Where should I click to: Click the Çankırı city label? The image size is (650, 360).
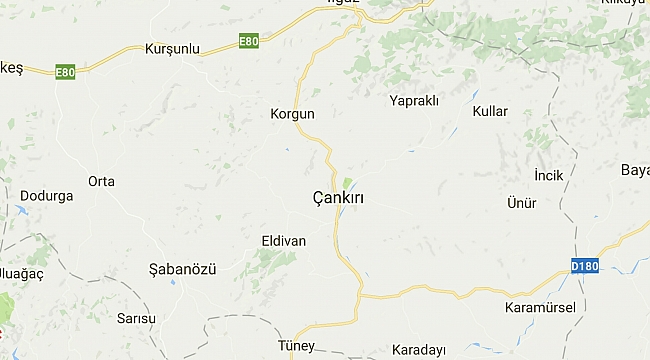click(x=338, y=199)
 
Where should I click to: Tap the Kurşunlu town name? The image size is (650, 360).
click(x=173, y=49)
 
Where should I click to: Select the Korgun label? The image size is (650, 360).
click(x=292, y=114)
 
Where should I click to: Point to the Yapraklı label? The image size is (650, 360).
click(x=414, y=100)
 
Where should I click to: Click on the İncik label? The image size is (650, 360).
click(x=549, y=175)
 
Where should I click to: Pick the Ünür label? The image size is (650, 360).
click(x=522, y=203)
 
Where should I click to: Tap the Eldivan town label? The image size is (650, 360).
click(x=283, y=241)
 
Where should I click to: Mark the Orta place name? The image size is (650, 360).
click(x=101, y=181)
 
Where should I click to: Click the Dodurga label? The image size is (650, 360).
click(x=47, y=196)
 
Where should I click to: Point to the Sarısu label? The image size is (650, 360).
click(x=137, y=319)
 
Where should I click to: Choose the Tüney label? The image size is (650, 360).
click(x=295, y=347)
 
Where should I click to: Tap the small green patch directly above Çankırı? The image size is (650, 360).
click(x=347, y=183)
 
